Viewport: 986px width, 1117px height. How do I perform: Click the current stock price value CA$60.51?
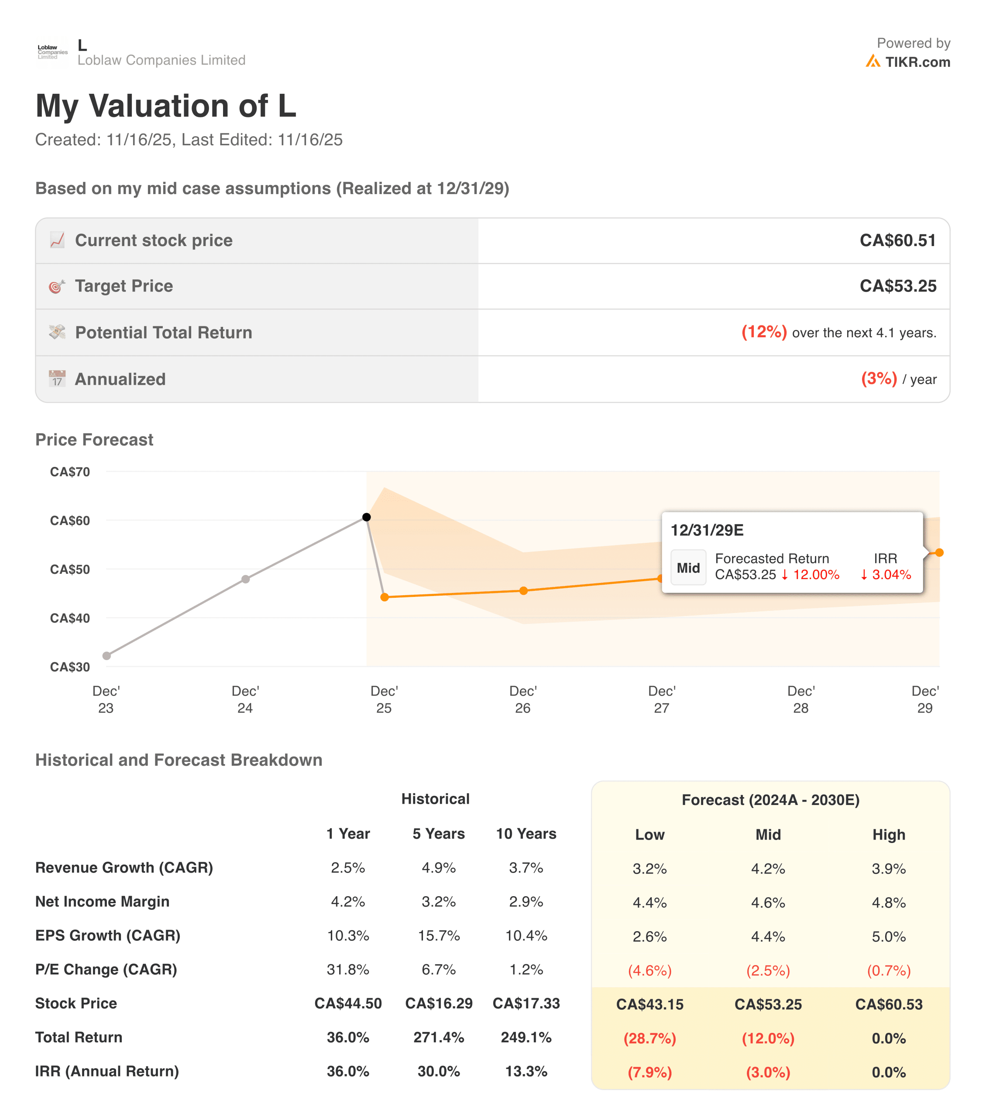pos(897,240)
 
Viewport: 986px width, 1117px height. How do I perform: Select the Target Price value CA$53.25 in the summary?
pos(897,286)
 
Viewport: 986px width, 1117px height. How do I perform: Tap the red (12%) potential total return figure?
pos(763,332)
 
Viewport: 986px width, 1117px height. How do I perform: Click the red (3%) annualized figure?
pos(878,378)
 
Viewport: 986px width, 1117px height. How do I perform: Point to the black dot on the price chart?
pos(367,517)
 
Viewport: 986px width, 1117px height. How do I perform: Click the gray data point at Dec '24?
pos(245,579)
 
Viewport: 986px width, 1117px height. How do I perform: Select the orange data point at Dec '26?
pos(523,591)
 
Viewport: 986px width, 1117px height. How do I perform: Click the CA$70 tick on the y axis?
pos(70,472)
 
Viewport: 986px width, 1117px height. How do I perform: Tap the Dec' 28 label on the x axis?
pos(800,699)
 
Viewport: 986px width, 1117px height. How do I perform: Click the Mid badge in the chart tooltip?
pos(687,568)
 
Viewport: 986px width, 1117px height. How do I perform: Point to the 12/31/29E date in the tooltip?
pos(707,530)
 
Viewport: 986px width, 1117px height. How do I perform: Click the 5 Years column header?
pos(438,833)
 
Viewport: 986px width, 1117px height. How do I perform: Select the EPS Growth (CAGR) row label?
pos(108,935)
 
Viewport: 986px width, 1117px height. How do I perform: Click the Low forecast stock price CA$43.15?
pos(649,1004)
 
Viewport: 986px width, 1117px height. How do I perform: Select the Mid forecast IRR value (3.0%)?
pos(767,1072)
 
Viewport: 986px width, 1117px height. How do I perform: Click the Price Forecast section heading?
pos(94,439)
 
